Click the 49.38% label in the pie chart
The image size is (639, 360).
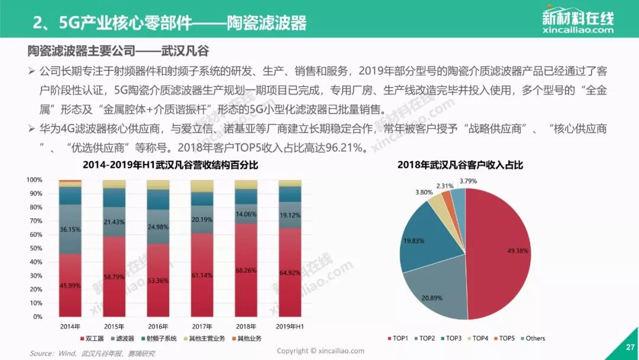point(518,250)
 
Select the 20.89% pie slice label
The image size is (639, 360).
point(432,298)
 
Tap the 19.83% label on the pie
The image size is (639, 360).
point(414,241)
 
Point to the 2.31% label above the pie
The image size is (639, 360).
point(444,186)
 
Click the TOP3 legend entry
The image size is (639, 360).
point(451,339)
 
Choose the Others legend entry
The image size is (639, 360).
point(532,339)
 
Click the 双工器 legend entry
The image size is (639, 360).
point(92,339)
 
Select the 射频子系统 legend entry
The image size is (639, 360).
point(159,339)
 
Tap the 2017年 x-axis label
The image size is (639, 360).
point(202,327)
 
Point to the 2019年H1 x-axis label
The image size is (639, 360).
point(290,327)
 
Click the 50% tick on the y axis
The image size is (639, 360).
point(36,248)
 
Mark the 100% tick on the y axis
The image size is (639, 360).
point(35,180)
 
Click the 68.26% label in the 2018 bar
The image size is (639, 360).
point(246,271)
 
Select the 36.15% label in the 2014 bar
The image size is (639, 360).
point(70,230)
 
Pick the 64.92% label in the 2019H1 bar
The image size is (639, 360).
point(290,273)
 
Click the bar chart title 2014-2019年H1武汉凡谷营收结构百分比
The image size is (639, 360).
point(170,165)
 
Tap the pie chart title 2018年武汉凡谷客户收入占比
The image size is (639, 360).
point(460,165)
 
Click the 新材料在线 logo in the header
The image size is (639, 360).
point(577,20)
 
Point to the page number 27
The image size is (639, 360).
point(630,348)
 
